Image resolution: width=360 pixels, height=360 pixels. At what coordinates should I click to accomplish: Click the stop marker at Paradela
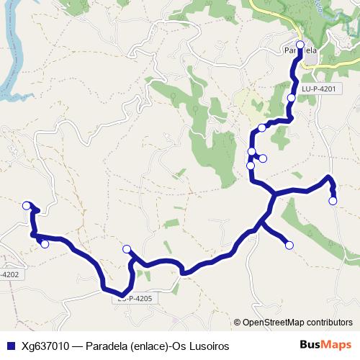(300, 45)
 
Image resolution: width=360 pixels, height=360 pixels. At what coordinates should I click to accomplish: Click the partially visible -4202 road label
(9, 274)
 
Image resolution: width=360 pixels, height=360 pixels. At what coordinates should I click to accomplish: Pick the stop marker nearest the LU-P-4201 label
(291, 97)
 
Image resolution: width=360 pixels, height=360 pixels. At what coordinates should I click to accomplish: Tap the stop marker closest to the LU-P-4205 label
(127, 249)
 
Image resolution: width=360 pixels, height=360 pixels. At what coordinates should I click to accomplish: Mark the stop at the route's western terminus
(27, 204)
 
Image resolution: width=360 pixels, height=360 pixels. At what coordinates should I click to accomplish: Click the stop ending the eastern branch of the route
(333, 201)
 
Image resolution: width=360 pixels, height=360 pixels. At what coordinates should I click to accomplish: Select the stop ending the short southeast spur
(289, 246)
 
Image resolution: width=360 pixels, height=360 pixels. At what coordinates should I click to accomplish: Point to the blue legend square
(9, 346)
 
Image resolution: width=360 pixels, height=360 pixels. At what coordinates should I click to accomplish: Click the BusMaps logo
(325, 346)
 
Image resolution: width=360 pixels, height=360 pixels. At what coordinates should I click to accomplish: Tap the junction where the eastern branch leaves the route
(274, 194)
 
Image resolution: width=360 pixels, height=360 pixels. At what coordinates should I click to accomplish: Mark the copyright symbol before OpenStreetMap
(238, 323)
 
